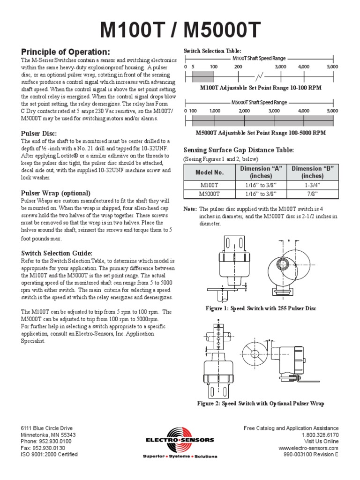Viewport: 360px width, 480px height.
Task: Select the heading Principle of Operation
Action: coord(66,52)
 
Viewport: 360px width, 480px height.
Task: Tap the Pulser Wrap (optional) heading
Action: coord(56,193)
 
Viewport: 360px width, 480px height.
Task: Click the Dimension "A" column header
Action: coord(262,172)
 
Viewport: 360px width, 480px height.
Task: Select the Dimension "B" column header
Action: coord(312,172)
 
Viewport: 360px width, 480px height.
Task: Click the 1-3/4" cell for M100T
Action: coord(312,185)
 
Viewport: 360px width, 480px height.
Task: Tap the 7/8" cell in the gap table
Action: coord(312,193)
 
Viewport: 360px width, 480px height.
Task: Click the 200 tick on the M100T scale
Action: coord(238,67)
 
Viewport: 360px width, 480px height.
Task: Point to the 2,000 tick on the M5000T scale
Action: coord(244,111)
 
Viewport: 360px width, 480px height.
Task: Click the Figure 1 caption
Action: coord(261,308)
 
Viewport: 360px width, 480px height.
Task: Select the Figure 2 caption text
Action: coord(261,404)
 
